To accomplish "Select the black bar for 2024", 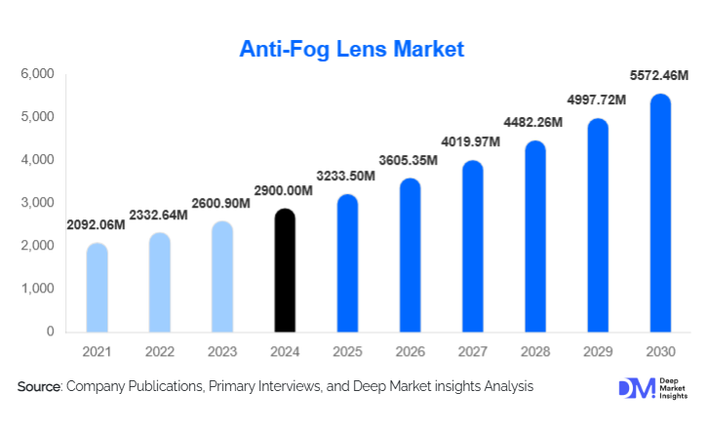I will (x=284, y=270).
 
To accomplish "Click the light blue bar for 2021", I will (x=97, y=288).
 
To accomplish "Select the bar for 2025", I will (x=347, y=263).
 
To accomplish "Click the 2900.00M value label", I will (x=283, y=190).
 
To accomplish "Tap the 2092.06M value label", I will (x=96, y=224).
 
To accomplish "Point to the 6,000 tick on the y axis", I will (x=36, y=74).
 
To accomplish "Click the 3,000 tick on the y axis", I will (x=36, y=203).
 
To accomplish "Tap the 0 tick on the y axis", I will (x=49, y=332).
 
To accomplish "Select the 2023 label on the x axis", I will (x=221, y=351).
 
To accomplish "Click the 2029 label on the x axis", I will (x=598, y=351).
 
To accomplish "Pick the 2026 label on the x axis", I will (x=410, y=351).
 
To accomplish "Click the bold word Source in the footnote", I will (x=39, y=387).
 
